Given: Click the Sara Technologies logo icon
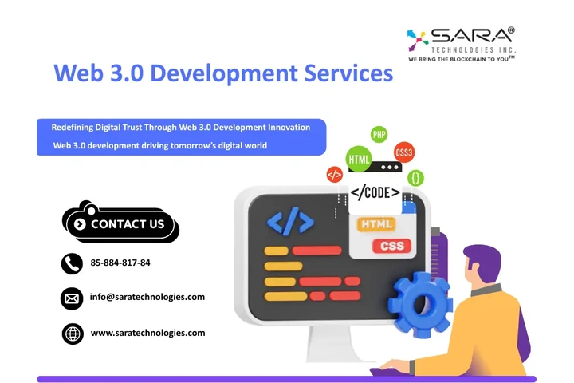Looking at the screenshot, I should tap(418, 38).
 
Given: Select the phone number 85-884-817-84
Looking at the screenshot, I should tap(120, 263).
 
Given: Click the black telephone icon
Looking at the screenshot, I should tap(73, 263).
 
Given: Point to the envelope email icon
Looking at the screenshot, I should tap(73, 298).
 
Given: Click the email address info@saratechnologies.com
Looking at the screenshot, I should tap(147, 297).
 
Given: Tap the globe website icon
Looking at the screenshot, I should tap(73, 334).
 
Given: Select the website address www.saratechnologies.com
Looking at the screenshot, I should tap(148, 333).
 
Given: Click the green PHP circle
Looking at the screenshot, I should tap(379, 135).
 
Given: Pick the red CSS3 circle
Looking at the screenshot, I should tap(404, 152).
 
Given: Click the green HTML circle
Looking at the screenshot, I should tap(360, 158).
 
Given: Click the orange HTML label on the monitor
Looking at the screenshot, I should tap(377, 225).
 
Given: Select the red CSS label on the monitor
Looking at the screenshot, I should tap(392, 246).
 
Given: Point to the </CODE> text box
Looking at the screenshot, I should tap(375, 192).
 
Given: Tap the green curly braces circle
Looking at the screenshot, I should tap(415, 178).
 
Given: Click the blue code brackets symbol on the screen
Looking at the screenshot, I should tap(290, 222).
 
